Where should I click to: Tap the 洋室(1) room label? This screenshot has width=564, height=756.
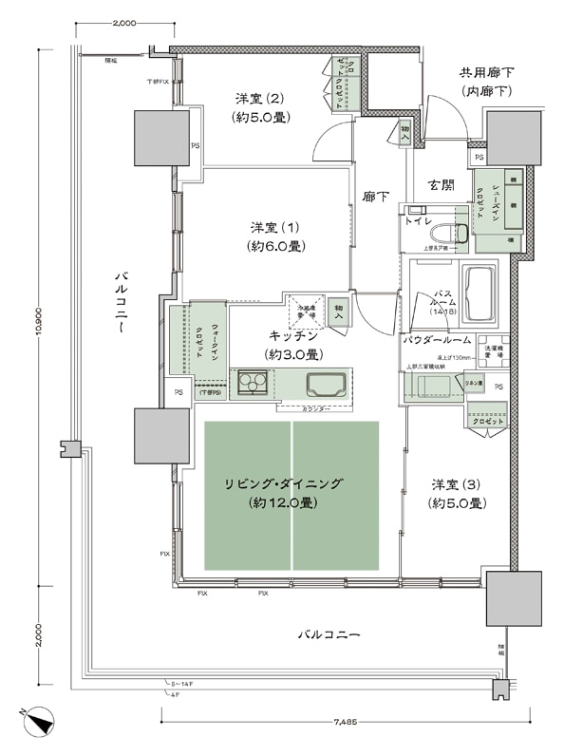click(x=276, y=236)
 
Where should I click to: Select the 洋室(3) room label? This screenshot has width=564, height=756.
click(x=457, y=493)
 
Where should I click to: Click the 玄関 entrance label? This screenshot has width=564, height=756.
click(x=442, y=184)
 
